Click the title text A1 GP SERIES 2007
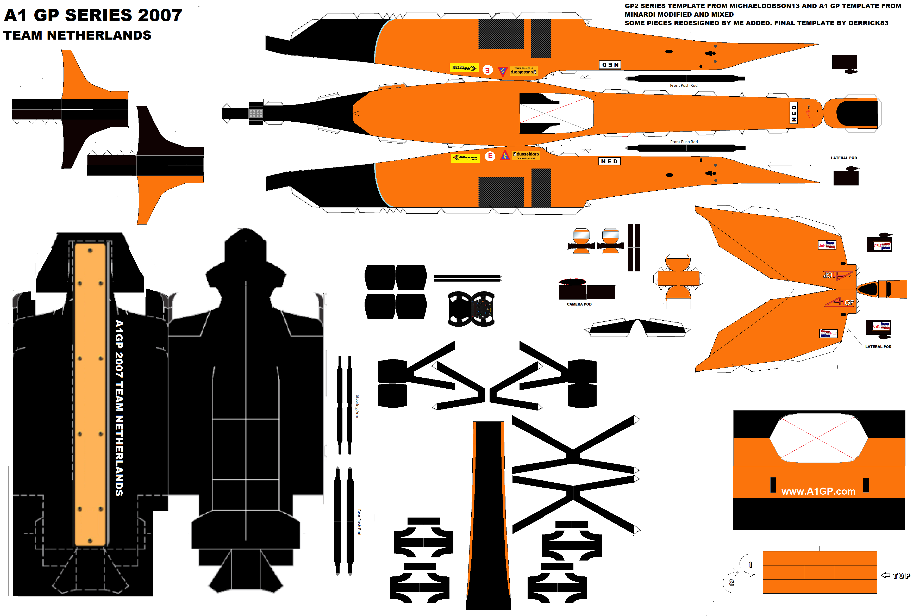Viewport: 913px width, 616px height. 93,15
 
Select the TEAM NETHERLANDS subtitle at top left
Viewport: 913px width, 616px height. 77,35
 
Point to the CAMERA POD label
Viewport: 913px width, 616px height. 579,304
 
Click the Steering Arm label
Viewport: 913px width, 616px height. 357,406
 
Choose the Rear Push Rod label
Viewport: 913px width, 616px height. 359,522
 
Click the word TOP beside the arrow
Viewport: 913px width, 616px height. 901,576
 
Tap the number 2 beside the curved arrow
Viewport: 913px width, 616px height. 731,582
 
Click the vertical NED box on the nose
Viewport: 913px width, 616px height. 794,113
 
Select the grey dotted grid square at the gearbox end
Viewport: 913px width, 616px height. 256,114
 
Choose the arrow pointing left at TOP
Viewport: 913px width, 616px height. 885,575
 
